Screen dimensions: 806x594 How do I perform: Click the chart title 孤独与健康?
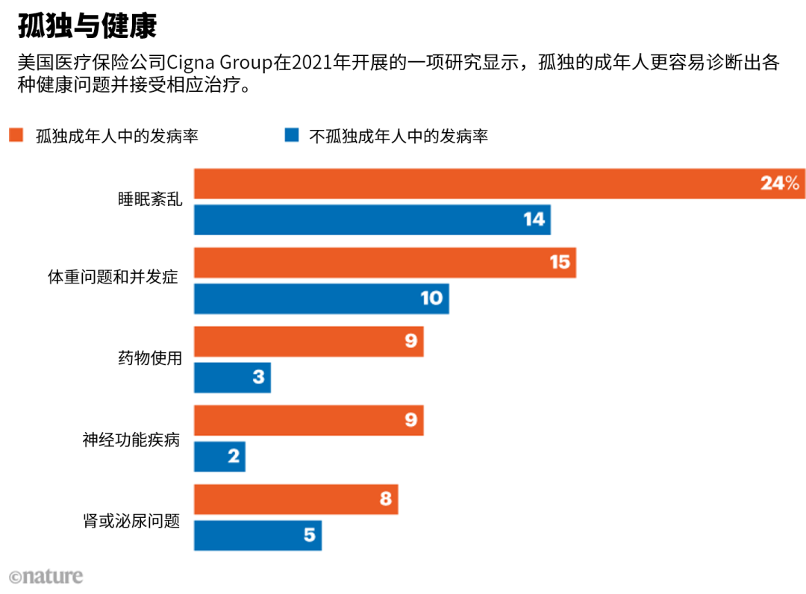pyautogui.click(x=87, y=25)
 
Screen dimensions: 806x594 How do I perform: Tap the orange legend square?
pyautogui.click(x=16, y=135)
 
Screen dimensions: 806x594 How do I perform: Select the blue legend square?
pyautogui.click(x=292, y=135)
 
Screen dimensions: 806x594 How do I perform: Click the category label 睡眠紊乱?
pyautogui.click(x=150, y=199)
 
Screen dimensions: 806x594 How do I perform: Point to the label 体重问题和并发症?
pyautogui.click(x=113, y=277)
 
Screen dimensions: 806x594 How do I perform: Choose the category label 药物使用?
pyautogui.click(x=150, y=357)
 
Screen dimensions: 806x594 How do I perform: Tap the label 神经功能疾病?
pyautogui.click(x=131, y=440)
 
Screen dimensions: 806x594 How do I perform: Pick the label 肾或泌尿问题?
pyautogui.click(x=131, y=521)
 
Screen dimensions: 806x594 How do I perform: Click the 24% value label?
pyautogui.click(x=780, y=183)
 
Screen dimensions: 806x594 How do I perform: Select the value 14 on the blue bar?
pyautogui.click(x=534, y=219)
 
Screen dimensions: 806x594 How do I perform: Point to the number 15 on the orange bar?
pyautogui.click(x=560, y=262)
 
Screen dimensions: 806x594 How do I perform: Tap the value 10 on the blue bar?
pyautogui.click(x=431, y=298)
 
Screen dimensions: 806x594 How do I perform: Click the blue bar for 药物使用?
pyautogui.click(x=232, y=378)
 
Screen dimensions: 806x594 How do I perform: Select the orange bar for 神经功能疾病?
pyautogui.click(x=309, y=420)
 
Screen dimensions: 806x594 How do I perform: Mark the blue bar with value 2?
pyautogui.click(x=219, y=456)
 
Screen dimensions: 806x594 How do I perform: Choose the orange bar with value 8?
pyautogui.click(x=296, y=499)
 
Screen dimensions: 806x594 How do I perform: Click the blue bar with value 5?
pyautogui.click(x=258, y=536)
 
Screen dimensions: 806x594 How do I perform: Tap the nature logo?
pyautogui.click(x=46, y=577)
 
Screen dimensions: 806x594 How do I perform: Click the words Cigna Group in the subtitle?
pyautogui.click(x=219, y=63)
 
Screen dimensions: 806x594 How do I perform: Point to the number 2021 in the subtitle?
pyautogui.click(x=312, y=62)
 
